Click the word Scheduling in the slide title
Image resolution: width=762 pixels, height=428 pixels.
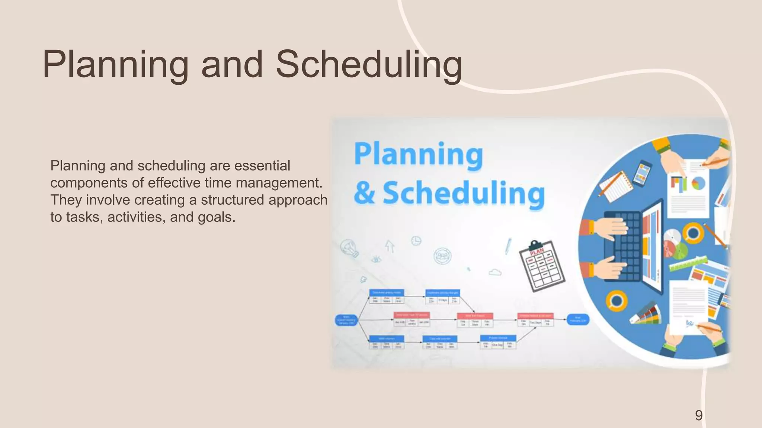(x=368, y=65)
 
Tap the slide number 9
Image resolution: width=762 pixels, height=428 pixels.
(x=699, y=415)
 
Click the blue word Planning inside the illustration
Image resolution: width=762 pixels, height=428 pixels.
(x=418, y=154)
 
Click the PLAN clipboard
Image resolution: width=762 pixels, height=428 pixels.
(x=542, y=266)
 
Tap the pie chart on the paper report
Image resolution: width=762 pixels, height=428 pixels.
(x=698, y=183)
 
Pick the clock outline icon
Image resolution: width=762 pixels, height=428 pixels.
(x=416, y=241)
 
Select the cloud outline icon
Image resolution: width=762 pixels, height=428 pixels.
(x=495, y=273)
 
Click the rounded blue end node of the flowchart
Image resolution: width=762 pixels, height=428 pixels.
(x=578, y=319)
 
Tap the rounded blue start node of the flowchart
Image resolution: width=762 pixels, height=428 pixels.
(x=346, y=320)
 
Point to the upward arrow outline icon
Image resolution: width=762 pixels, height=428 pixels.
(x=390, y=246)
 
